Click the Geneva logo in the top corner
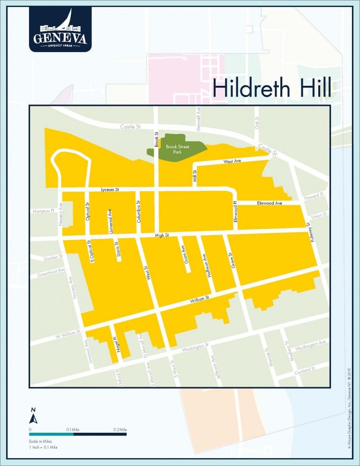[59, 29]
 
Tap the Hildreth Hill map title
[272, 88]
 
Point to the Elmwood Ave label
[269, 203]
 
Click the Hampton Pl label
[44, 211]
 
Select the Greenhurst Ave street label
[50, 272]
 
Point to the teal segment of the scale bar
[51, 434]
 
